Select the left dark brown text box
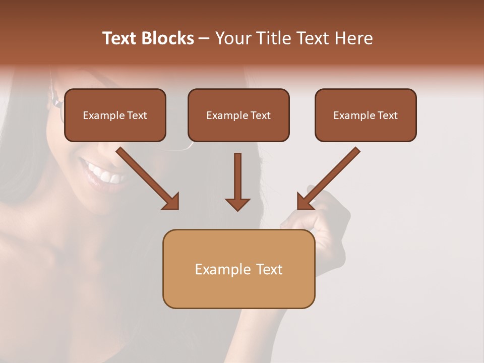[115, 115]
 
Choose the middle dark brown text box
[238, 115]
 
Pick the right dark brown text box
[366, 115]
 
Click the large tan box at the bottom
[238, 269]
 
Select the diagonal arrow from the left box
[146, 176]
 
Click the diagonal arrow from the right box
[330, 176]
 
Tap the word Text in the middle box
[261, 115]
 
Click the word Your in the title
[233, 38]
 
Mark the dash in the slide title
[204, 38]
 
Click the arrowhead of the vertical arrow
[237, 204]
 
